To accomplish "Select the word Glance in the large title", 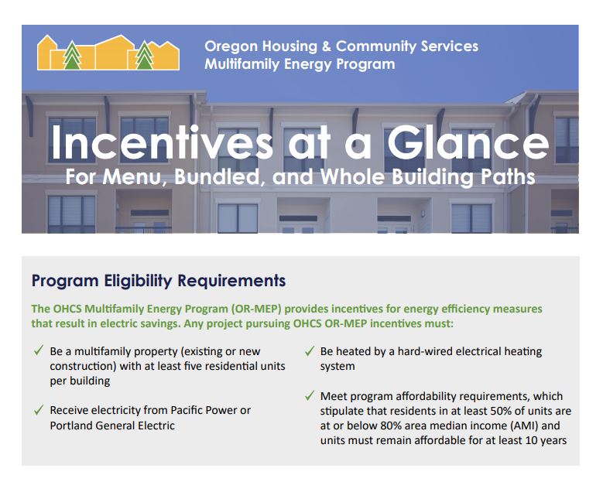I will point(468,142).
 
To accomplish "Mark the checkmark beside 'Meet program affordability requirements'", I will point(309,396).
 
